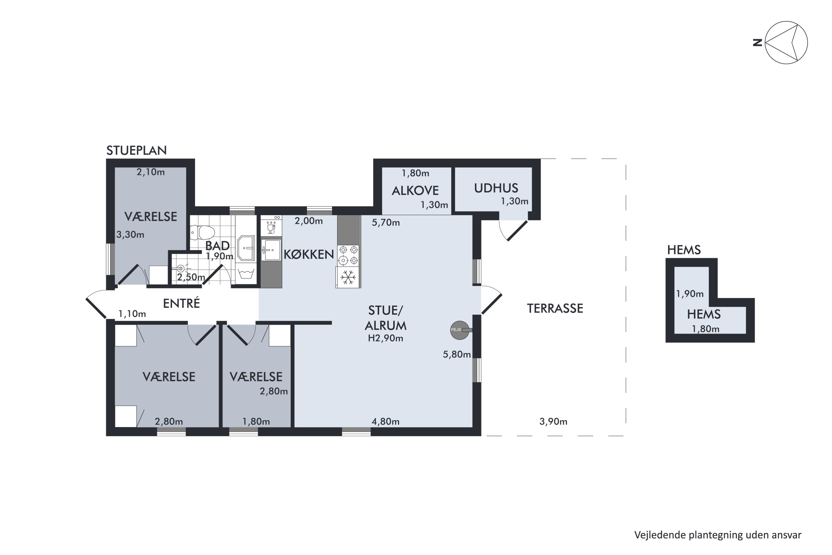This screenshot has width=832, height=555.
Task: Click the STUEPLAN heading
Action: coord(136,150)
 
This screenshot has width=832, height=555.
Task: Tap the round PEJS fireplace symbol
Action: coord(460,330)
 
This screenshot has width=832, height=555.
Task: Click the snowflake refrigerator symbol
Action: coord(348,277)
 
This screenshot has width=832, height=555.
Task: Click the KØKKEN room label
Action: coord(309,254)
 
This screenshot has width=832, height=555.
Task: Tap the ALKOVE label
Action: coord(415,191)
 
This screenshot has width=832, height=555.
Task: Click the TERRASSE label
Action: coord(555,309)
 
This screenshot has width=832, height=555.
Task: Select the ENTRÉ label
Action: coord(181,303)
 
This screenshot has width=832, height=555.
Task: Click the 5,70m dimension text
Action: coord(385,223)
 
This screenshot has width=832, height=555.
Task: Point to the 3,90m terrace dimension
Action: coord(553,422)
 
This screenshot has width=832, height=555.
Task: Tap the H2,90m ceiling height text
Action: coord(385,338)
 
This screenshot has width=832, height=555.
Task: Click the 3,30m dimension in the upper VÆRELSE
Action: coord(130,235)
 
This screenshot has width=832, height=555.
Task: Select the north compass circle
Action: coord(786,42)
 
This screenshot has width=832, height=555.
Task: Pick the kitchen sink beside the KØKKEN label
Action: coord(271,250)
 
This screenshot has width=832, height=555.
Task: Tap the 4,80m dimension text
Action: coord(385,422)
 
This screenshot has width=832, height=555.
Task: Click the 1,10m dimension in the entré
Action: coord(132,314)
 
